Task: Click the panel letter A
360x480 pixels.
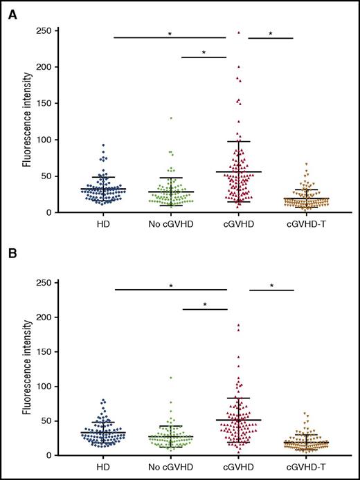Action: (12, 15)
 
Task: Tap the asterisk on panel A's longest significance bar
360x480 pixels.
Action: (169, 34)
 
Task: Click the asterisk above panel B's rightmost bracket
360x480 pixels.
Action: (271, 286)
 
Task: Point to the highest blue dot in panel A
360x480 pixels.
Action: (103, 145)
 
